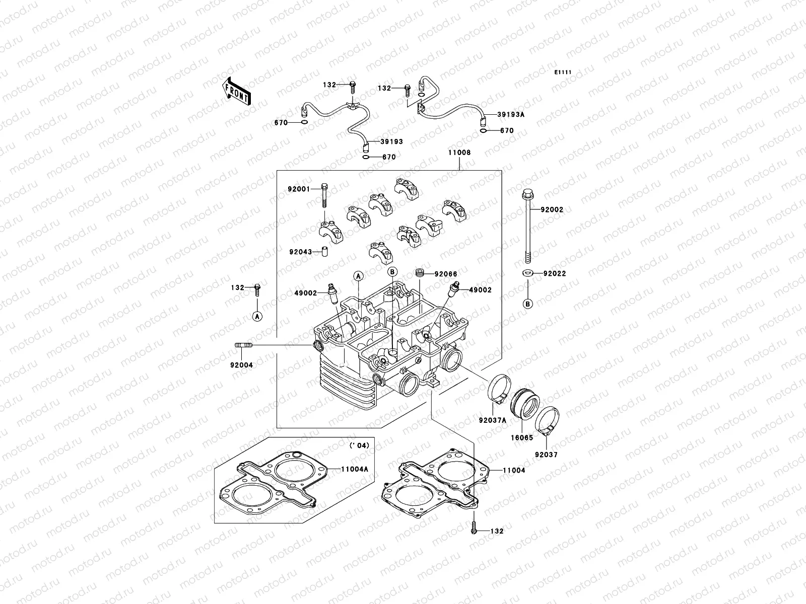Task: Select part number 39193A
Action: (511, 115)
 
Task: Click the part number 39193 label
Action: (391, 142)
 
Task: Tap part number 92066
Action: (446, 274)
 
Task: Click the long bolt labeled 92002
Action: (527, 226)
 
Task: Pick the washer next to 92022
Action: (528, 273)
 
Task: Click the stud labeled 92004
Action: (243, 345)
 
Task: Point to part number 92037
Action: (546, 455)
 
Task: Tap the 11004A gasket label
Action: (355, 469)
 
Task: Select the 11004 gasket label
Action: (514, 470)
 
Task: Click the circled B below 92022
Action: (528, 304)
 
